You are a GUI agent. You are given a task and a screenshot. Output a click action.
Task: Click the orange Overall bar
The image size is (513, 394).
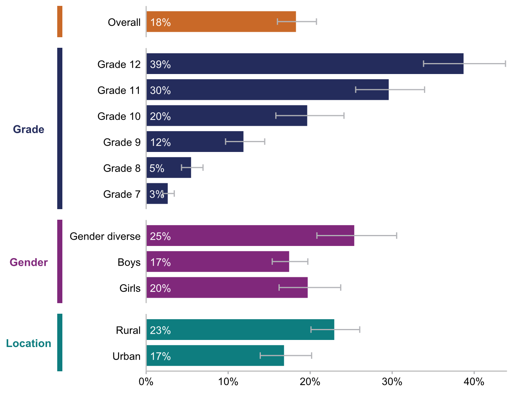click(221, 22)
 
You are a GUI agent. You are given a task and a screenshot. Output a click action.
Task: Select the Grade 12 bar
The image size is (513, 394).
click(305, 64)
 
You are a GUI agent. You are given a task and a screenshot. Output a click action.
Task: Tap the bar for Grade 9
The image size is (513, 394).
click(195, 142)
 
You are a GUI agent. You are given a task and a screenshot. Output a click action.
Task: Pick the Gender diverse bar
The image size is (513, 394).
click(250, 236)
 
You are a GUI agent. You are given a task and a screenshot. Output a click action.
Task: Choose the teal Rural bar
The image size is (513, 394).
click(240, 330)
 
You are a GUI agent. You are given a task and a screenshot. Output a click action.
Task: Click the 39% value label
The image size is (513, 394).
click(160, 65)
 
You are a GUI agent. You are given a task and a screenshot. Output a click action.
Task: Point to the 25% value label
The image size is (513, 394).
click(160, 237)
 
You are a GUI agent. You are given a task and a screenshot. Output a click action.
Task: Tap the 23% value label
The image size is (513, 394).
click(160, 331)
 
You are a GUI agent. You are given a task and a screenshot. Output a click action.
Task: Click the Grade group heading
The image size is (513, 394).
click(29, 130)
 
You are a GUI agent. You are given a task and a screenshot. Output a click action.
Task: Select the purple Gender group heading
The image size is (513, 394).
click(29, 262)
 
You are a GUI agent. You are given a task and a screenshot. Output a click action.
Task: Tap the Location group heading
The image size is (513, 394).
click(29, 343)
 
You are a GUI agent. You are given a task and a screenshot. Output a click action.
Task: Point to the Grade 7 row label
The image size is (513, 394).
click(122, 194)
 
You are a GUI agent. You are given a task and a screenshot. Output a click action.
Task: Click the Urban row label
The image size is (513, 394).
click(126, 356)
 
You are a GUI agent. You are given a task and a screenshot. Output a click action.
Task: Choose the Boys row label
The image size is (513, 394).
click(129, 262)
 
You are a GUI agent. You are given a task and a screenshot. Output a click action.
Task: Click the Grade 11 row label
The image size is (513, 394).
click(119, 90)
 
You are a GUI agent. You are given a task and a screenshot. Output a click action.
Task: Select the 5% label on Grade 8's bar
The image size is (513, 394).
click(157, 168)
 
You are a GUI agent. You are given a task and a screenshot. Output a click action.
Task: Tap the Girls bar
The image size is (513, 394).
click(227, 288)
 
